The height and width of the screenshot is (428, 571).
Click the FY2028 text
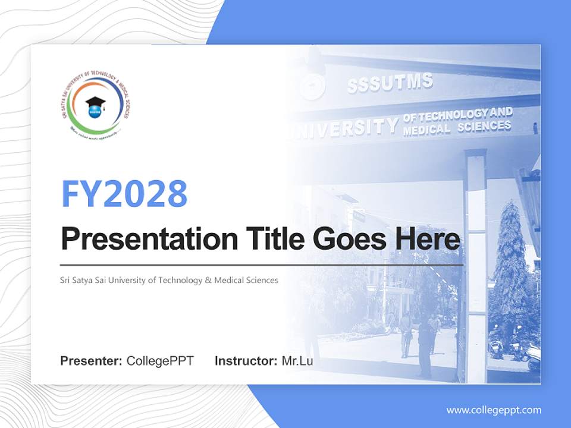[x=124, y=193]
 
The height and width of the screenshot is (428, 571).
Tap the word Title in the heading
[x=265, y=240]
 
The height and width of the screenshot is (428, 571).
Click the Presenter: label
[x=92, y=361]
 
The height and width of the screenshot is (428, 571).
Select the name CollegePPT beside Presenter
[x=160, y=361]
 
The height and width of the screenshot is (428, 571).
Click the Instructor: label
[x=246, y=361]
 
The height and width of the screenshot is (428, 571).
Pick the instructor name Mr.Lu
[x=297, y=361]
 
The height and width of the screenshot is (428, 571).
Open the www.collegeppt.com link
[x=494, y=410]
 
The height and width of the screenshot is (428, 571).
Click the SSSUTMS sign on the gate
[x=390, y=84]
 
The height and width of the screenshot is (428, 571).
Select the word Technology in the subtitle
[x=181, y=280]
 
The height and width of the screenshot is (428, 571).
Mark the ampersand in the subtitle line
[x=208, y=280]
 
